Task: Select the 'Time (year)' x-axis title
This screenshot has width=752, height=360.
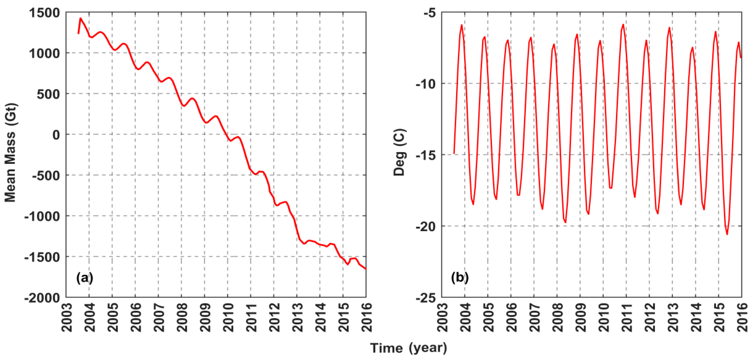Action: (408, 348)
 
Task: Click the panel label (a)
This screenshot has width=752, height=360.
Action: (85, 277)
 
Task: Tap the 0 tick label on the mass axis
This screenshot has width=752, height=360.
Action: (56, 135)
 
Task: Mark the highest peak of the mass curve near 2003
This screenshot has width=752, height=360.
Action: (81, 18)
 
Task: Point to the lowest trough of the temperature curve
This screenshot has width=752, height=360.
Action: (727, 234)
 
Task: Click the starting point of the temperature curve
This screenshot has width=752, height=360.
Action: (454, 153)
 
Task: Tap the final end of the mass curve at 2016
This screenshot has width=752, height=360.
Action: (366, 269)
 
